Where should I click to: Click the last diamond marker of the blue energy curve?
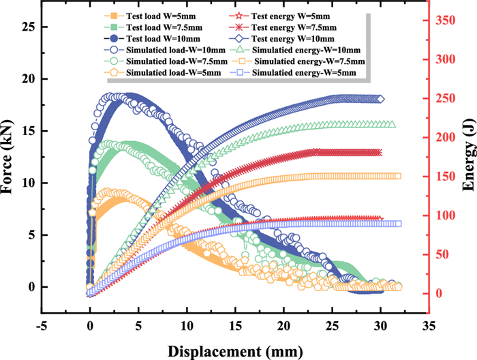pos(380,99)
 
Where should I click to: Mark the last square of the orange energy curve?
pos(398,176)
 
